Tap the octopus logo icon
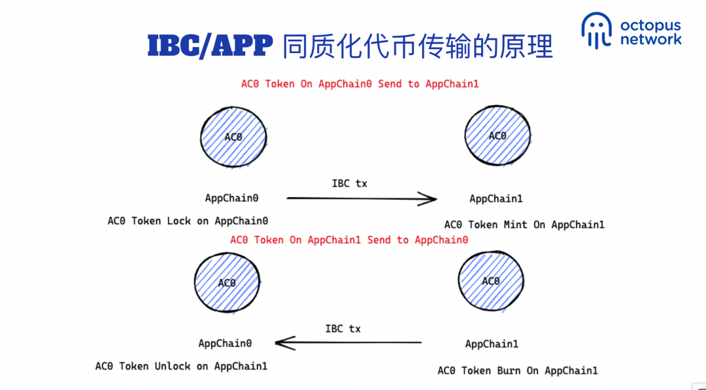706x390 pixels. coord(597,30)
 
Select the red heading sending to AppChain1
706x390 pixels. coord(360,84)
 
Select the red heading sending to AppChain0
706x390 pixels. coord(349,240)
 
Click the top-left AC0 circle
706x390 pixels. coord(233,137)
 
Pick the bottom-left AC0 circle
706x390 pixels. coord(227,283)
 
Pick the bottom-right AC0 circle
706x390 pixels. coord(490,281)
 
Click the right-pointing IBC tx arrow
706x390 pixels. coord(361,198)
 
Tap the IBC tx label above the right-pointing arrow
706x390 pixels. coord(350,184)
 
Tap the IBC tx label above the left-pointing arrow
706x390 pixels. coord(343,329)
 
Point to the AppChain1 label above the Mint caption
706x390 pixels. coord(496,199)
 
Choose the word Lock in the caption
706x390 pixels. coord(178,221)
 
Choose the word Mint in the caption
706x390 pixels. coord(515,225)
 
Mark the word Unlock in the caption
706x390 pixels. coord(173,366)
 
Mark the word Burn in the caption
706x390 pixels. coord(509,370)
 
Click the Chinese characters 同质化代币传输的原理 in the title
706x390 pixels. coord(418,46)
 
